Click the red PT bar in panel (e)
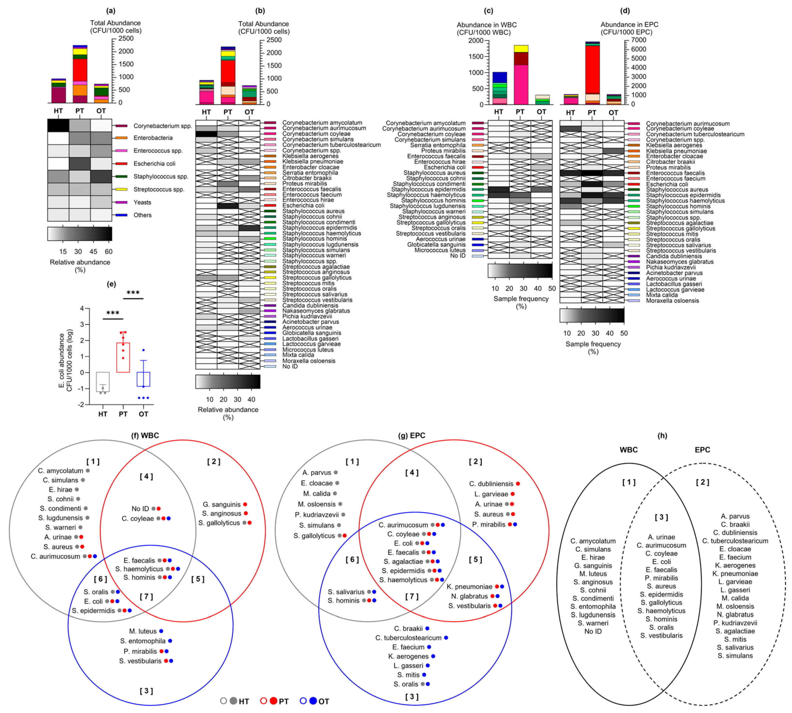123,357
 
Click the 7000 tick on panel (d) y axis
638,40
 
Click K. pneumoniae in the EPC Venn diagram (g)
469,587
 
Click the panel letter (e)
111,284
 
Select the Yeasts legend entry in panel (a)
142,202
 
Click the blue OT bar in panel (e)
143,379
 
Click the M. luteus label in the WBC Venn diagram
143,631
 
